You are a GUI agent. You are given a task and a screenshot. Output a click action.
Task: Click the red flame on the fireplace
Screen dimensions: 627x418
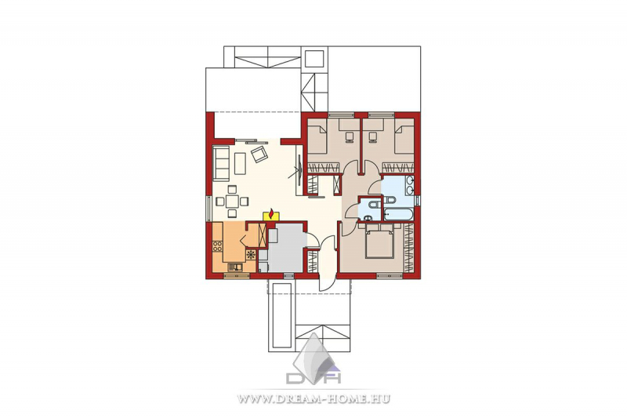click(271, 214)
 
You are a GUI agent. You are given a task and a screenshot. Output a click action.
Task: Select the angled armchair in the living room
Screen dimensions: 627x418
click(259, 154)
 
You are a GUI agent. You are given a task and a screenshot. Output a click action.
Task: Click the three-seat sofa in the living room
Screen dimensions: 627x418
click(221, 163)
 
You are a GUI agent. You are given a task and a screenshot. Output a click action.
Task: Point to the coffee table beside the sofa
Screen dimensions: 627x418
click(240, 164)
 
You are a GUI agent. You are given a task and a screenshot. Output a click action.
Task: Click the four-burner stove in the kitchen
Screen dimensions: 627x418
click(218, 245)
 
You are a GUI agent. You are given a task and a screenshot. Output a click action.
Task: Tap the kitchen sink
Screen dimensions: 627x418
click(235, 267)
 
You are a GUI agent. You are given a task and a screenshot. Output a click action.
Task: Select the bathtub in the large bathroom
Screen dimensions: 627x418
click(398, 214)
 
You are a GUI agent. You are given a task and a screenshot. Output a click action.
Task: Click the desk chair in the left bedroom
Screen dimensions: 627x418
click(350, 136)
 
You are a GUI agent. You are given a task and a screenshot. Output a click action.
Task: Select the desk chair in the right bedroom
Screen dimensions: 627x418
click(374, 136)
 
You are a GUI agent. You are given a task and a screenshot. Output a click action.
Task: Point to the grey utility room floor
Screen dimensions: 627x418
click(285, 248)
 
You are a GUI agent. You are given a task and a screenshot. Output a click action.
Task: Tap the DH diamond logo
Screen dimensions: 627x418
click(313, 360)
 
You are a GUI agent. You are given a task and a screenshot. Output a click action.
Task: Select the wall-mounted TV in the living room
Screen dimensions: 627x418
click(299, 171)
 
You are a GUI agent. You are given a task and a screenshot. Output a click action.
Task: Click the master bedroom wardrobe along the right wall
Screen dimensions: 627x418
click(408, 248)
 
